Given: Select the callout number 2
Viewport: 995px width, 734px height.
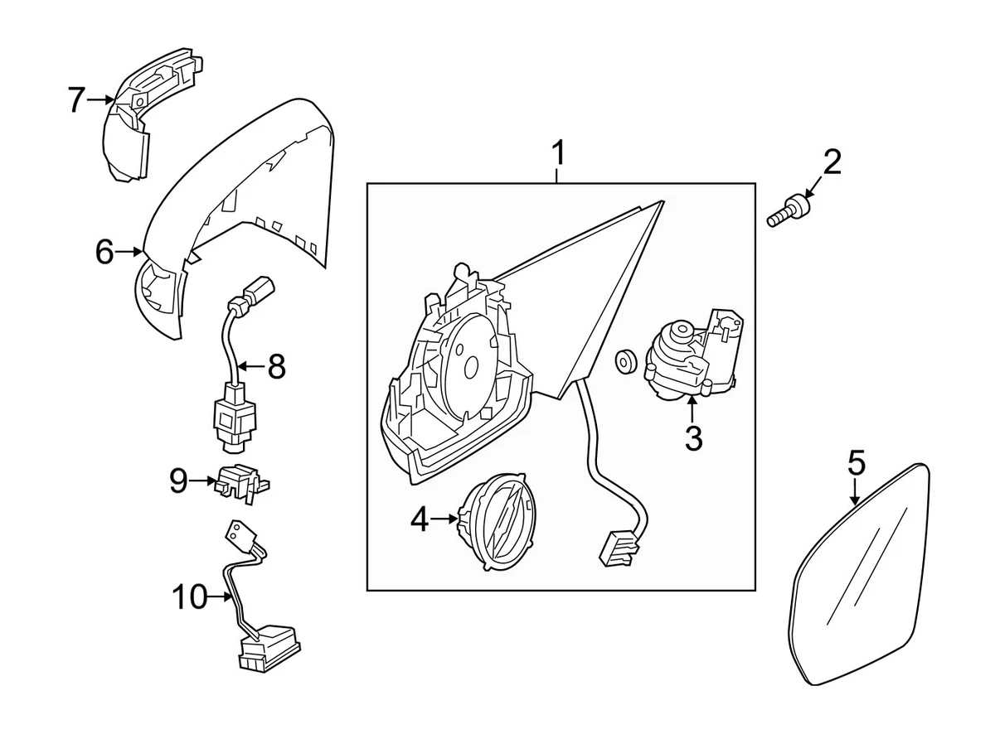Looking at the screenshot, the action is click(x=832, y=162).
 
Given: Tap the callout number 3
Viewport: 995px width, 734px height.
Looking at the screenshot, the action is click(x=693, y=438).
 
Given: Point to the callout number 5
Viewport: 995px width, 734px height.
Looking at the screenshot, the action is click(x=856, y=463).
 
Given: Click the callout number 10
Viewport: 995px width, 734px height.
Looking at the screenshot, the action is click(x=190, y=596).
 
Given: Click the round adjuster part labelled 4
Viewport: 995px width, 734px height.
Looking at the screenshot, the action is click(x=496, y=523).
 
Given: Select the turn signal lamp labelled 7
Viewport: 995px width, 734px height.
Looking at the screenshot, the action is click(x=150, y=114).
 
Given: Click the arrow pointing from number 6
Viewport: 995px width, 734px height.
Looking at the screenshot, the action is click(x=128, y=252).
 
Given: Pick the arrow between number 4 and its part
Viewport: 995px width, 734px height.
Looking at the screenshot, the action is click(x=444, y=519).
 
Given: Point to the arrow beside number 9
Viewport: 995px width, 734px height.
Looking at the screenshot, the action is click(x=203, y=481).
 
